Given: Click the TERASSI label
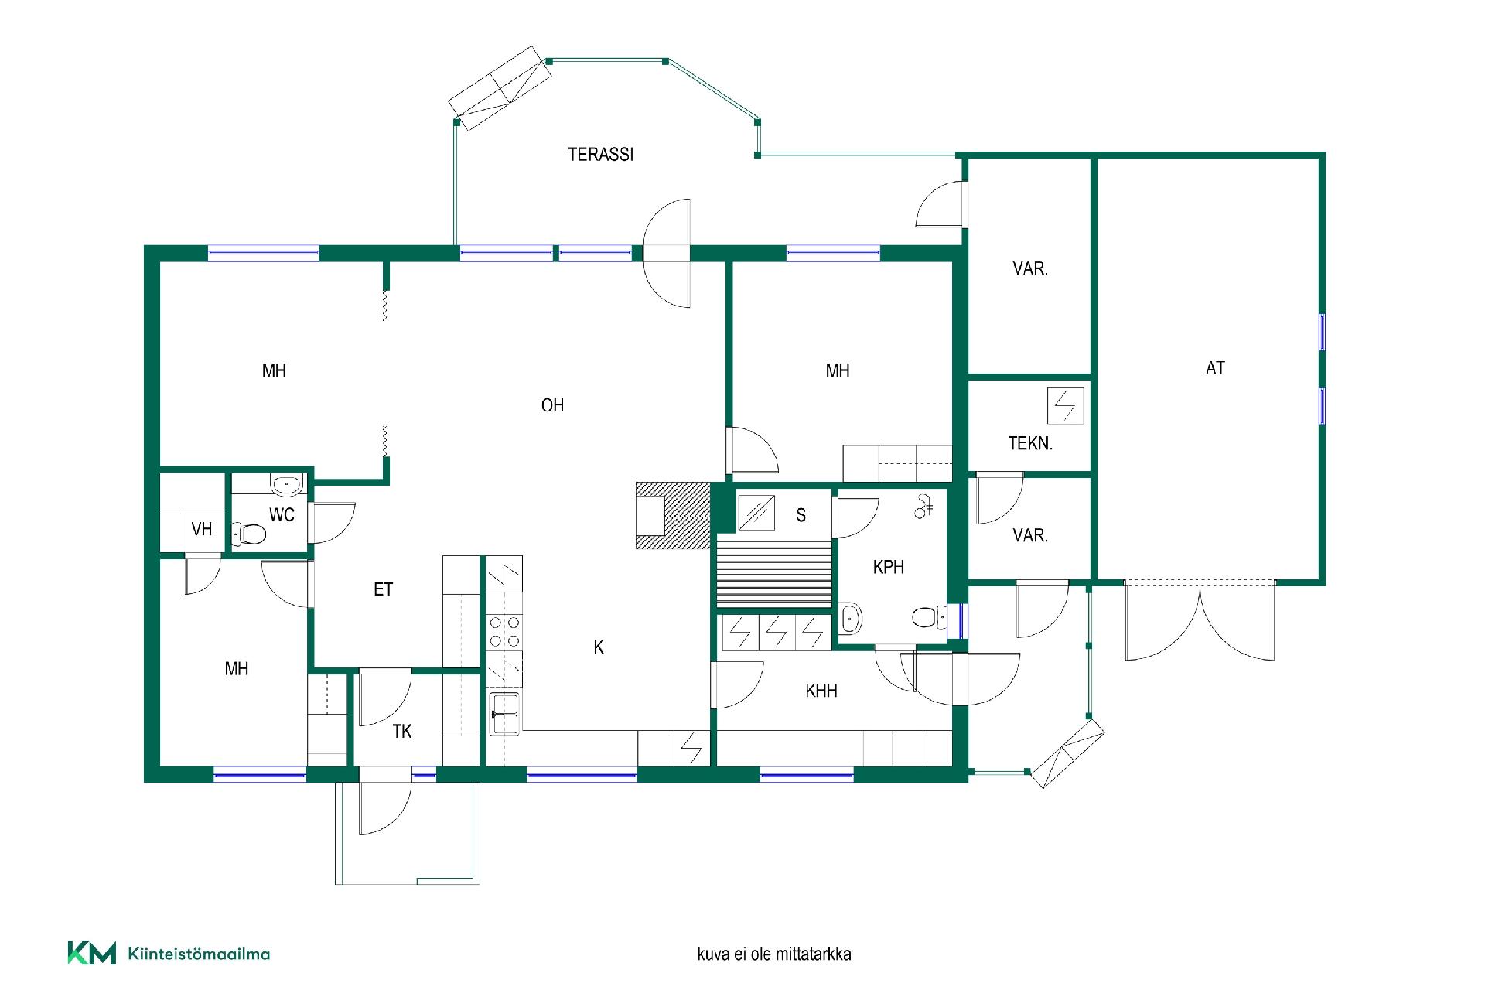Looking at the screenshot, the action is [601, 155].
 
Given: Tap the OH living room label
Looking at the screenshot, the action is [552, 405].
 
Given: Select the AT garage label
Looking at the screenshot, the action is [1215, 369].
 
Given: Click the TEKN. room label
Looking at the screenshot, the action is [1030, 444].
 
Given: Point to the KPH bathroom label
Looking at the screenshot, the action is [888, 567].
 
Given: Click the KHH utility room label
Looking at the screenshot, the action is [821, 691].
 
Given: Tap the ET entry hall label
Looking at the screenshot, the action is [383, 589].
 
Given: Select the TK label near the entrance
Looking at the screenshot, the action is [402, 732].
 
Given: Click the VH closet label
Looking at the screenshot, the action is [202, 529].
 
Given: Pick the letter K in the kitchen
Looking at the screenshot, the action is [599, 647].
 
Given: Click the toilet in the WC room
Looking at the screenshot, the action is [249, 533].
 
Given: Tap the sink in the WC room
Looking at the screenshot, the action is [286, 485].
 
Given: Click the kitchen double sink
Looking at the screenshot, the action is [505, 714].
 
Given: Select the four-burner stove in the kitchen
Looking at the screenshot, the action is [504, 631].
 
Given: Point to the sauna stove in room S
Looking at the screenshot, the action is [756, 512].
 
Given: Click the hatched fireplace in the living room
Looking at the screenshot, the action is [672, 515].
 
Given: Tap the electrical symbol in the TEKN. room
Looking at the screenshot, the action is [1066, 405].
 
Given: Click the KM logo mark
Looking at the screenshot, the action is [91, 953].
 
